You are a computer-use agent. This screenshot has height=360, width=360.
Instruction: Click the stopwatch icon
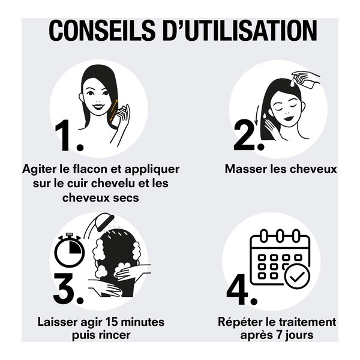[x=69, y=251]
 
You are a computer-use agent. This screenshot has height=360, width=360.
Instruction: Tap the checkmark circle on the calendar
[x=296, y=277]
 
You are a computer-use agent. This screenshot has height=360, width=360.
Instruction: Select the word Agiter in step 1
[x=40, y=169]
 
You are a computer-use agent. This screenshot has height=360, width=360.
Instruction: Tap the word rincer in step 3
[x=115, y=335]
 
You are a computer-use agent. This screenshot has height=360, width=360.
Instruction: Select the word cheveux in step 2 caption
[x=311, y=169]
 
